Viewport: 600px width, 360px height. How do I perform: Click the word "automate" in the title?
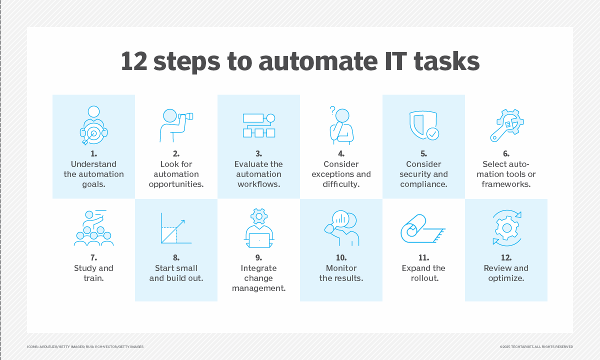(318, 61)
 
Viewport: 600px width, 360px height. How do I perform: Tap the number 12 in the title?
(134, 61)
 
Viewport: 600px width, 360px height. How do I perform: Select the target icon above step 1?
(94, 133)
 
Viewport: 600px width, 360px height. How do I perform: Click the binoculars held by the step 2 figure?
(186, 116)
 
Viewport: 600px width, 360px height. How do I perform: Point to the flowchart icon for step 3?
(259, 125)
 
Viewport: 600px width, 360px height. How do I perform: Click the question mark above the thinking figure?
(332, 110)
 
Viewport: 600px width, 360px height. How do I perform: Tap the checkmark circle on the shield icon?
(432, 134)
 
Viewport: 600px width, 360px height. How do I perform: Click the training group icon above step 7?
(94, 228)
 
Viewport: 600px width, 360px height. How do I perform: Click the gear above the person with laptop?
(259, 216)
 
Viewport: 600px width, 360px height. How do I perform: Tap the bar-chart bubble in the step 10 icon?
(340, 219)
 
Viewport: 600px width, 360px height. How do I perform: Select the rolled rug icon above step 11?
(422, 228)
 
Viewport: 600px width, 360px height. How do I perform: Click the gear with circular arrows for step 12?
(507, 228)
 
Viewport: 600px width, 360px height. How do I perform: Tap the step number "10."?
(341, 257)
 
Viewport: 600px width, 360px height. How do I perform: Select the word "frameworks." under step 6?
(506, 184)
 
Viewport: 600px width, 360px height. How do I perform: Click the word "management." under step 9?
(259, 288)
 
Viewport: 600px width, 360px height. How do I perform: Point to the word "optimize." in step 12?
(506, 278)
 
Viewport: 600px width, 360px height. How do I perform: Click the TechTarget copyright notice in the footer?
(536, 347)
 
